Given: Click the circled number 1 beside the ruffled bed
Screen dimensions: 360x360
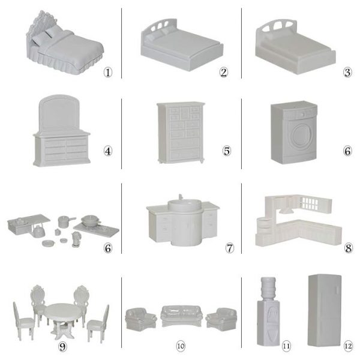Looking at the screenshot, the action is pos(108,73).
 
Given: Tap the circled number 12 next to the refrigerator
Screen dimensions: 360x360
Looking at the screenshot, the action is pos(348,346).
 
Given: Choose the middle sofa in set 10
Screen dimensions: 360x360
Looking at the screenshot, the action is pos(181,316).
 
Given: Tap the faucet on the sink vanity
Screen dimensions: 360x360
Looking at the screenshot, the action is pos(181,197).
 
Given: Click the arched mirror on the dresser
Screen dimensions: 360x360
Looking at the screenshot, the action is pos(59,113).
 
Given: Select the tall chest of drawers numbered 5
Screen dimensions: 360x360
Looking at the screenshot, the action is pos(181,133).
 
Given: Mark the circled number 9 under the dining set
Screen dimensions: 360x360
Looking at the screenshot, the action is pos(62,346).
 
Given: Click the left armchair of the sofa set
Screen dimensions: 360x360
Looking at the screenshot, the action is pos(141,319).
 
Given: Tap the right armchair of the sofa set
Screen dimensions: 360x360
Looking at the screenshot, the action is pos(221,319).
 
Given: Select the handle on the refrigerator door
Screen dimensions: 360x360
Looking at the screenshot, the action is pos(337,289).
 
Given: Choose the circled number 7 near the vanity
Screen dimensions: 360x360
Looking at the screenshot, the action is pos(230,248).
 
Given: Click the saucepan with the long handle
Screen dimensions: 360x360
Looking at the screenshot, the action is pos(66,221).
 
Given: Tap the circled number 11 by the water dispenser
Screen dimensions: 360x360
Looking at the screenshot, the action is pos(286,346).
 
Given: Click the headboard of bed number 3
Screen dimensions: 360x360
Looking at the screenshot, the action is pos(275,28).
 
